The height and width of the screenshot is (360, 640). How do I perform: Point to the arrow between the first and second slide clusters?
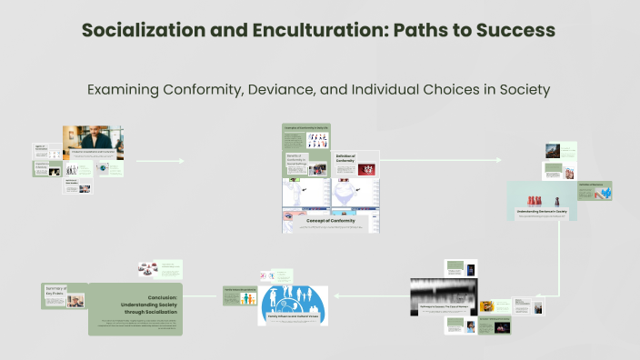[x=159, y=162]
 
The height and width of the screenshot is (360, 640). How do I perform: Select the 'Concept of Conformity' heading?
[x=330, y=221]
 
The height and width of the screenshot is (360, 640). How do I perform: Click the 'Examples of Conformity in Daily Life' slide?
[x=315, y=137]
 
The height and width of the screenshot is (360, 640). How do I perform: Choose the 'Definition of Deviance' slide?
[x=595, y=189]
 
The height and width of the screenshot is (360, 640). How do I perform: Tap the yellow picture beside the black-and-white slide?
[x=487, y=306]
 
